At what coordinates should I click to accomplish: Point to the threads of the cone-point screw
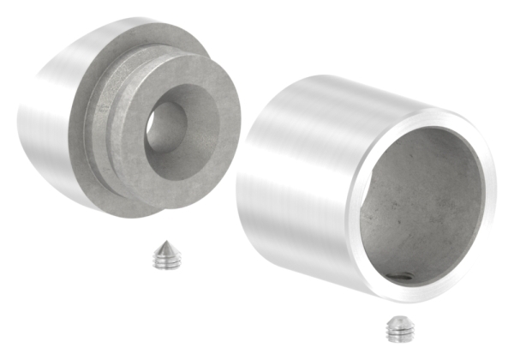click(x=166, y=261)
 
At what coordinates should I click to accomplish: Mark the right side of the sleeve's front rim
click(x=488, y=197)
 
